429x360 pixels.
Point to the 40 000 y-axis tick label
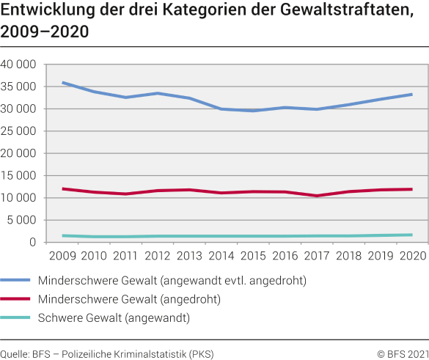pyautogui.click(x=18, y=65)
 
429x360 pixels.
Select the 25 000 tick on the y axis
pyautogui.click(x=18, y=131)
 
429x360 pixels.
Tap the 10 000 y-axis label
pyautogui.click(x=18, y=198)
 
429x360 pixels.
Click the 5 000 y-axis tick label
pyautogui.click(x=21, y=220)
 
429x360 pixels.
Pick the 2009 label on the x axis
pyautogui.click(x=64, y=255)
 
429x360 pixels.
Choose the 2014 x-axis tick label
pyautogui.click(x=221, y=255)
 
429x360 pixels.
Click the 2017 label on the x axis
pyautogui.click(x=316, y=255)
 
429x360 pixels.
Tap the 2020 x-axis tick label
pyautogui.click(x=411, y=255)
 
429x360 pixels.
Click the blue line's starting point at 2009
pyautogui.click(x=64, y=83)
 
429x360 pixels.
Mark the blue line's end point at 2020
pyautogui.click(x=411, y=94)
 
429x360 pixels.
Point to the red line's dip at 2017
pyautogui.click(x=316, y=196)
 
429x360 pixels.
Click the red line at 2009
pyautogui.click(x=64, y=188)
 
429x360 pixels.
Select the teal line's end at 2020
pyautogui.click(x=411, y=235)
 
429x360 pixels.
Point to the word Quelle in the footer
pyautogui.click(x=15, y=353)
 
